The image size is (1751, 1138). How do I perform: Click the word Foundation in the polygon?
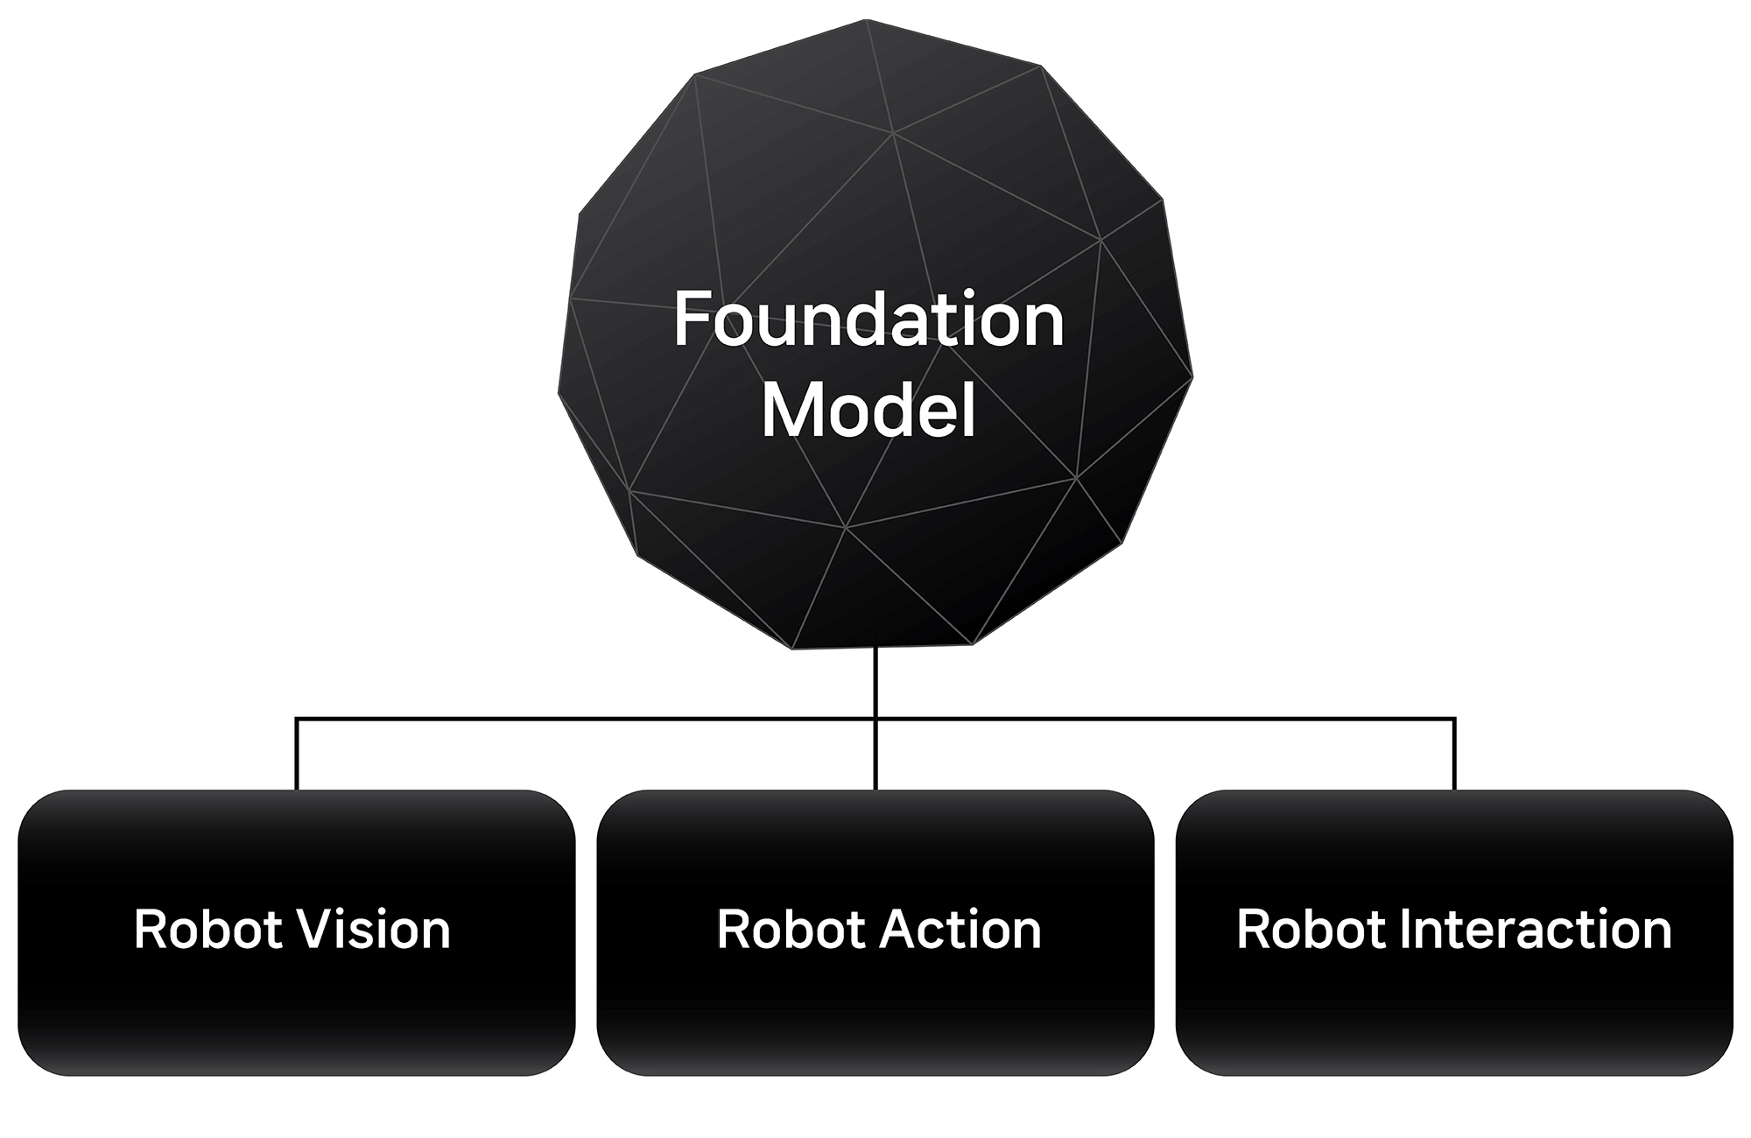coord(868,320)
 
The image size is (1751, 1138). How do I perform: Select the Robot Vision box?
coord(297,932)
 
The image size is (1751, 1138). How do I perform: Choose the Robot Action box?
coord(875,932)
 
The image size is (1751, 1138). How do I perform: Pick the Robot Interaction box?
coord(1454,932)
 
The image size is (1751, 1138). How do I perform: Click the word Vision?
coord(374,929)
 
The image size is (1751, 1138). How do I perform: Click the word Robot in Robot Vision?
coord(208,929)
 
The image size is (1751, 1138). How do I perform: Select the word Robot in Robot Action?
coord(791,929)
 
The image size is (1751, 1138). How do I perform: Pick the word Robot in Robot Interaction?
coord(1311,929)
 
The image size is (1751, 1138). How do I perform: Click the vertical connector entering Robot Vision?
coord(297,755)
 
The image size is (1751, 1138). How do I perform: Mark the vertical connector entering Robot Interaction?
coord(1454,755)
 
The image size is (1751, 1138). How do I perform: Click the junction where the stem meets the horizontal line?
coord(875,720)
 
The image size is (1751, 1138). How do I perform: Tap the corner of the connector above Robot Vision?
coord(297,720)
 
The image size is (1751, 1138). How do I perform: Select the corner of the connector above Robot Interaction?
coord(1454,720)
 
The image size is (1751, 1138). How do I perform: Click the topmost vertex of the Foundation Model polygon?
coord(866,19)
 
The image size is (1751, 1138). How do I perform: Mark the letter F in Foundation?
coord(693,320)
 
